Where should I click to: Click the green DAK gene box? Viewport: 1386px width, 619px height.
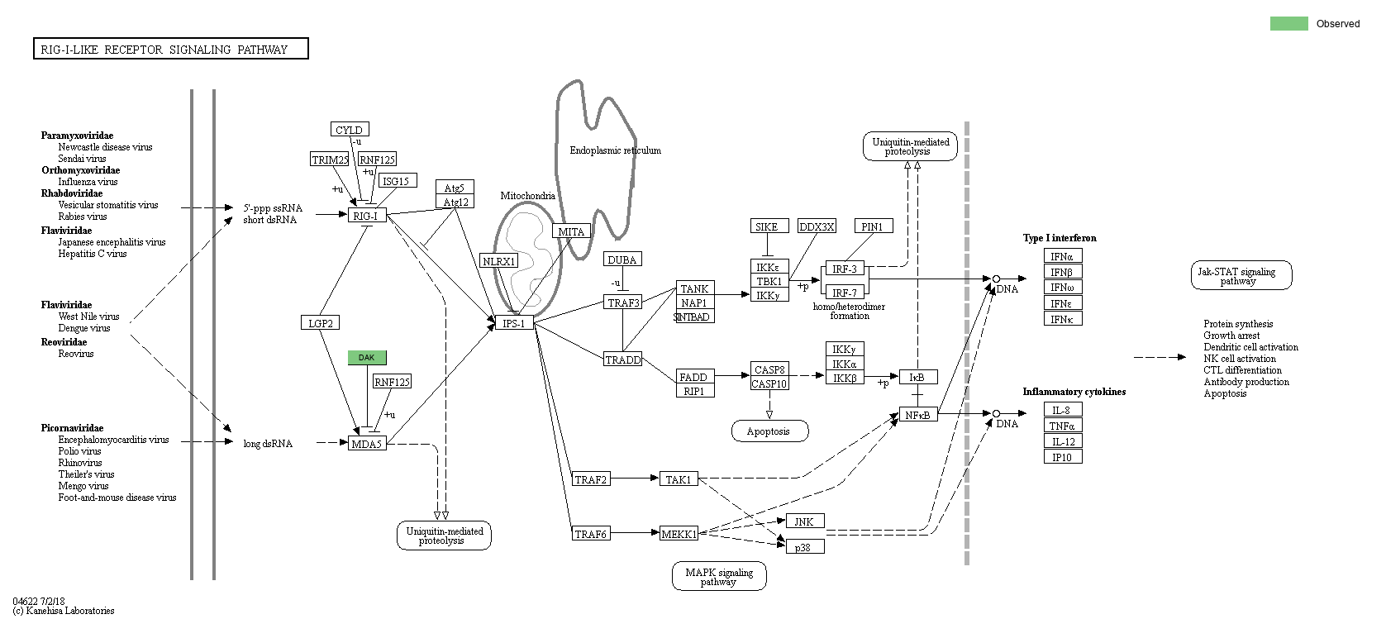click(x=367, y=358)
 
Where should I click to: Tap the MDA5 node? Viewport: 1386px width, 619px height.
click(x=367, y=444)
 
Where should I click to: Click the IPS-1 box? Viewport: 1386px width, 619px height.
click(x=514, y=323)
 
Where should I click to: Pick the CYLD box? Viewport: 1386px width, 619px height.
click(x=349, y=130)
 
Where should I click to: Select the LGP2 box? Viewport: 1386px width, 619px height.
click(x=320, y=323)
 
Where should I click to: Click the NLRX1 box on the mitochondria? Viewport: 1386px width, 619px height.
click(x=499, y=261)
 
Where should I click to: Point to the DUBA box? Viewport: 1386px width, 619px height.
click(x=622, y=260)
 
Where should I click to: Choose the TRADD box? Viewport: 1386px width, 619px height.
click(x=623, y=359)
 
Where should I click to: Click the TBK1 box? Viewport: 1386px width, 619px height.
click(x=769, y=281)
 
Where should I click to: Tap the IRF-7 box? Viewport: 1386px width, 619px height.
click(x=844, y=293)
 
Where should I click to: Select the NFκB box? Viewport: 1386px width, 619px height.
click(x=918, y=415)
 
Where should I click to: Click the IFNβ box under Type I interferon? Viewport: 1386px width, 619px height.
click(x=1062, y=272)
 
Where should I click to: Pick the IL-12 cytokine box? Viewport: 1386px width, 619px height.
click(x=1062, y=441)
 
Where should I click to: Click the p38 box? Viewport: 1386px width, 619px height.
click(x=803, y=547)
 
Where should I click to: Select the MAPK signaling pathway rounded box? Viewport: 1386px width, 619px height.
click(x=719, y=576)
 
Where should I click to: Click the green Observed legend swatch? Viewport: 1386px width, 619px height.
click(x=1288, y=24)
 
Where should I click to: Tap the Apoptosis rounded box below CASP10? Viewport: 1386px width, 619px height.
click(x=769, y=431)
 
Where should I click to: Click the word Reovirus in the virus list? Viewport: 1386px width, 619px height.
click(x=76, y=354)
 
